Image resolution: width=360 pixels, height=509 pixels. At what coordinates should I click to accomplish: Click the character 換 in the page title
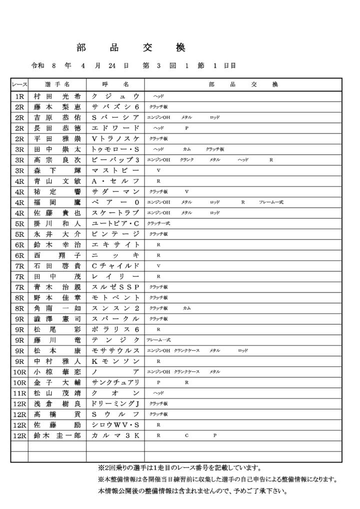coord(180,48)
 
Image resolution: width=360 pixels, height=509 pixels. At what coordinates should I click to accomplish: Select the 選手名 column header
coord(57,84)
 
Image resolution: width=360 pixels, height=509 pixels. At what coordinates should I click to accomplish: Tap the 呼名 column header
coord(115,84)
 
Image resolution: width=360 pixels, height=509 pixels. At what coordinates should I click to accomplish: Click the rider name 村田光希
coord(57,96)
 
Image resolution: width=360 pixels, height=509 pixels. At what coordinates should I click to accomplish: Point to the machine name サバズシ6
coord(115,107)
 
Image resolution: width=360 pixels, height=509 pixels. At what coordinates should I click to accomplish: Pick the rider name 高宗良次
coord(57,160)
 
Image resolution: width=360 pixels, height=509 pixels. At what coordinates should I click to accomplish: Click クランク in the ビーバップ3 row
coord(186,160)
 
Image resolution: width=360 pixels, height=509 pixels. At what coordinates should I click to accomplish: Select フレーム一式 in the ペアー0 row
coord(271,202)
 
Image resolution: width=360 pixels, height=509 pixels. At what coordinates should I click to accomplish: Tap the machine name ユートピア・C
coord(115,223)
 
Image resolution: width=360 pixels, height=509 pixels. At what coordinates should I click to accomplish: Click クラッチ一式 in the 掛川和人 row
coord(158,223)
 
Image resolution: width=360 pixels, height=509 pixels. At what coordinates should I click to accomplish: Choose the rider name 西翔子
coord(57,255)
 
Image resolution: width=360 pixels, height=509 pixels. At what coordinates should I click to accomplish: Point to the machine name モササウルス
coord(115,350)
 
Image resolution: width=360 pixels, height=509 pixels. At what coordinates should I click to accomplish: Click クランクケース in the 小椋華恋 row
coord(186,371)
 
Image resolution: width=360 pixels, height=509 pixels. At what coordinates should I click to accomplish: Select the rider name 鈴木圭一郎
coord(57,435)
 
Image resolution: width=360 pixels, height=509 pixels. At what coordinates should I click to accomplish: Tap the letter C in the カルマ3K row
coord(186,435)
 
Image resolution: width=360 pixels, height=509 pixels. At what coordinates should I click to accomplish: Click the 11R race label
coord(19,393)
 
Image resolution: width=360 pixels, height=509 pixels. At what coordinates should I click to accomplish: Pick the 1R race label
coord(19,96)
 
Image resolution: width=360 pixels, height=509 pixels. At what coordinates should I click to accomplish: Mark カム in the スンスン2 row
coord(186,308)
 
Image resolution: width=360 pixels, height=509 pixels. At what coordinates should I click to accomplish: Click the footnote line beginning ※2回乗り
coord(180,468)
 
